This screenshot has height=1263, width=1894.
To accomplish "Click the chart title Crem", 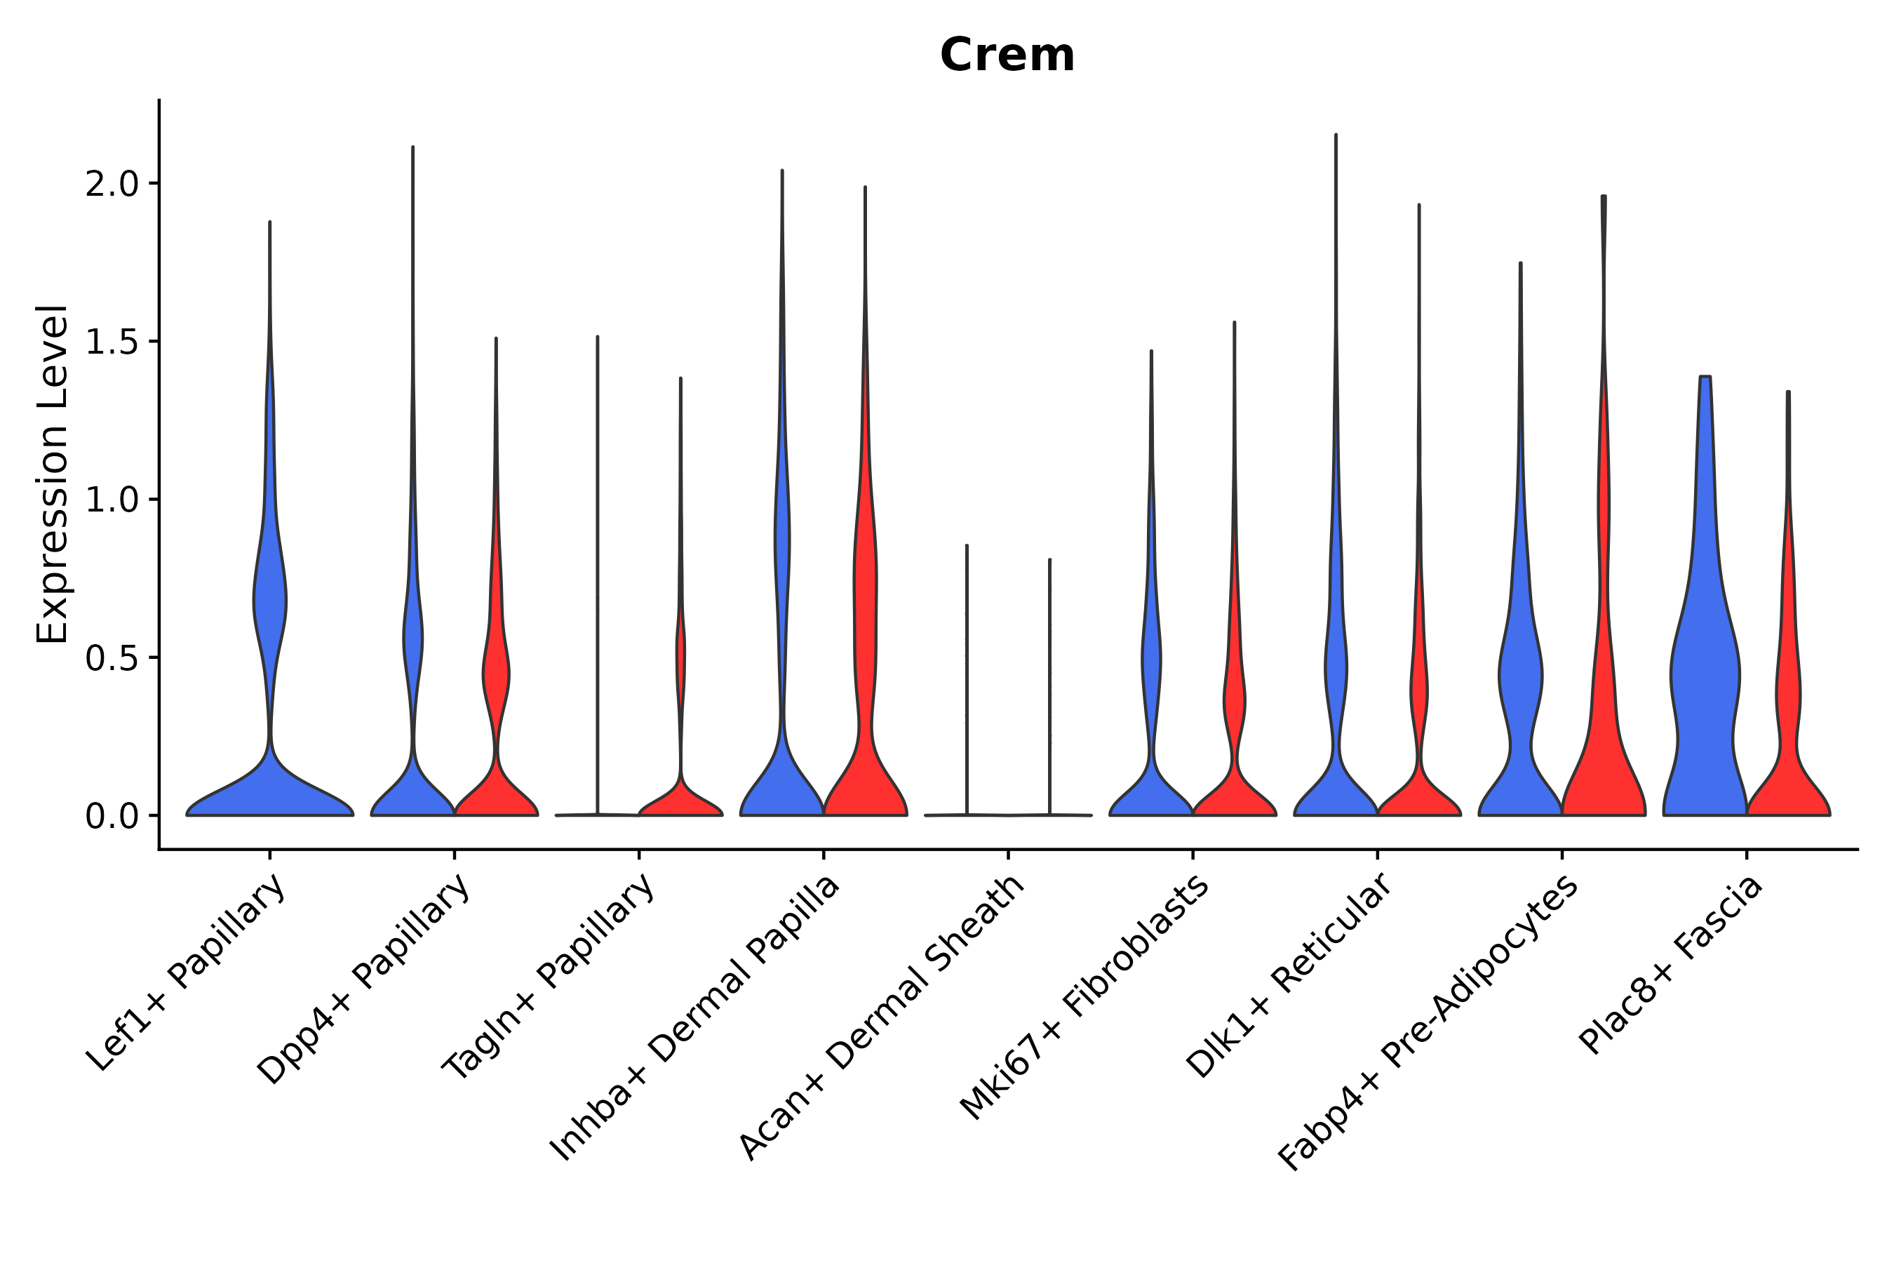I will coord(1007,55).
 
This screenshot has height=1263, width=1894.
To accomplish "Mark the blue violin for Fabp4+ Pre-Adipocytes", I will coord(1520,685).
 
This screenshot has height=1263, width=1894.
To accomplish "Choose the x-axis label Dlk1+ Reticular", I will coord(1289,975).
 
